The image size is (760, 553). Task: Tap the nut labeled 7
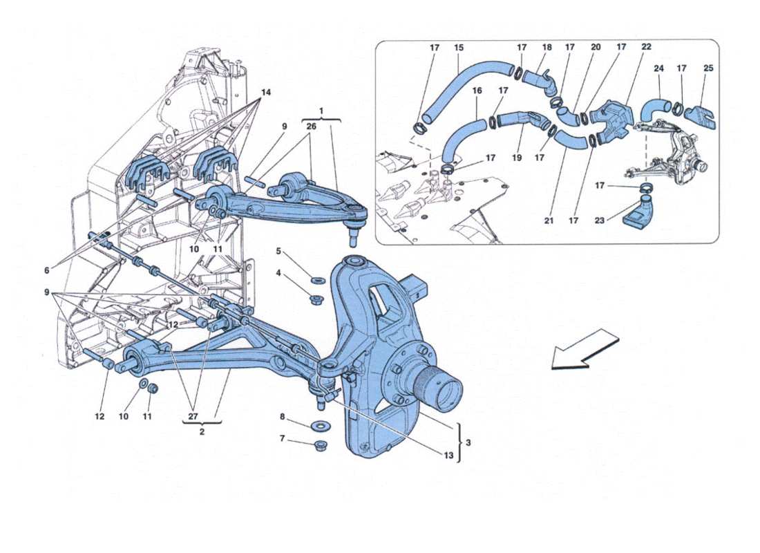tap(320, 444)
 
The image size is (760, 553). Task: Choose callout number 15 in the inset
tap(459, 48)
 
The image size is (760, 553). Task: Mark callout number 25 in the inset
tap(708, 68)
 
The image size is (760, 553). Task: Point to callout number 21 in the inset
tap(549, 221)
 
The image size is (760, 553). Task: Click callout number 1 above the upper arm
tap(321, 110)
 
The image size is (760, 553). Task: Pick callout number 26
tap(311, 126)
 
